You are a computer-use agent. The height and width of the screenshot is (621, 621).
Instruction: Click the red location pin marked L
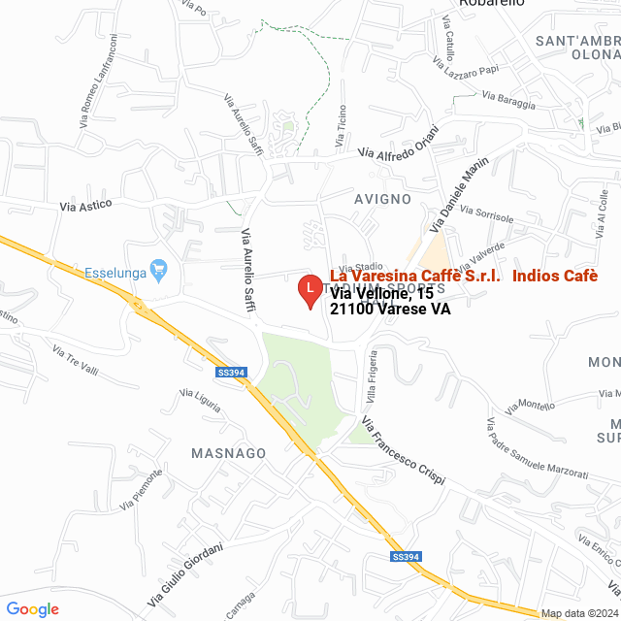pyautogui.click(x=309, y=290)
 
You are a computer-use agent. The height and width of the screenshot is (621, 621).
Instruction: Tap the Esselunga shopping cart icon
pyautogui.click(x=159, y=268)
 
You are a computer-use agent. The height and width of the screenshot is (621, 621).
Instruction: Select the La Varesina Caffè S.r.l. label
pyautogui.click(x=416, y=276)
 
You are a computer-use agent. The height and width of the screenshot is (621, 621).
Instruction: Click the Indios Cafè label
pyautogui.click(x=554, y=276)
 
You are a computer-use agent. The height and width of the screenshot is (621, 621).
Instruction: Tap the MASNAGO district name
pyautogui.click(x=229, y=453)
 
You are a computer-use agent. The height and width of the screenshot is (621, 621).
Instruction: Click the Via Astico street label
pyautogui.click(x=86, y=205)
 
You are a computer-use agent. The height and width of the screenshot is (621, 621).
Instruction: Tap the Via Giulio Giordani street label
pyautogui.click(x=186, y=573)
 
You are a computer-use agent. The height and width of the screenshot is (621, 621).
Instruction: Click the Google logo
pyautogui.click(x=32, y=608)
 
